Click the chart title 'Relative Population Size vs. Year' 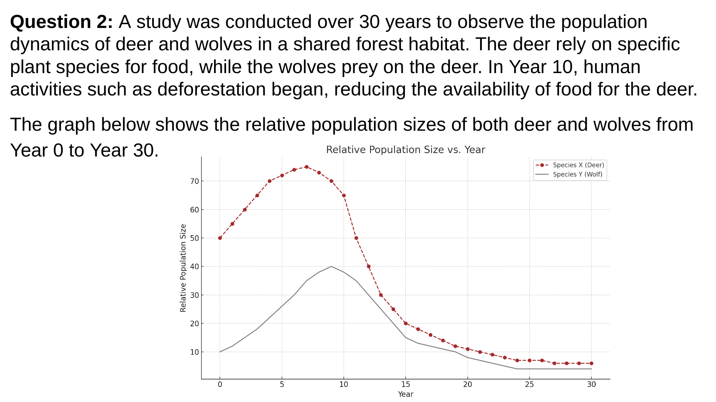405,150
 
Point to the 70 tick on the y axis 194,181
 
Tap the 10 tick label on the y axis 194,352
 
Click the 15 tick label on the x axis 405,384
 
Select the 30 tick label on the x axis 591,384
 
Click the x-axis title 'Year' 405,394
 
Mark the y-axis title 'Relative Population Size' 183,268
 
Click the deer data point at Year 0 220,238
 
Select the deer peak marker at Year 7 306,167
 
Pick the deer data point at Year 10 344,196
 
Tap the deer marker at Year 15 406,323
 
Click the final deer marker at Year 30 591,363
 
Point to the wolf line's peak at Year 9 331,267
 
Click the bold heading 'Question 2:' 61,22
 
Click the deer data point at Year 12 369,267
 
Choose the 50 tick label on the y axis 194,238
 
